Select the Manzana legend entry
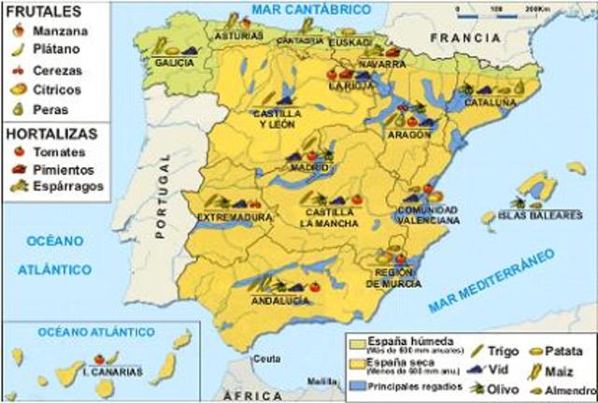coord(54,31)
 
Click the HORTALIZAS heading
coord(52,132)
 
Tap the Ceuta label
coord(270,359)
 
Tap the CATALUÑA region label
coord(491,101)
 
